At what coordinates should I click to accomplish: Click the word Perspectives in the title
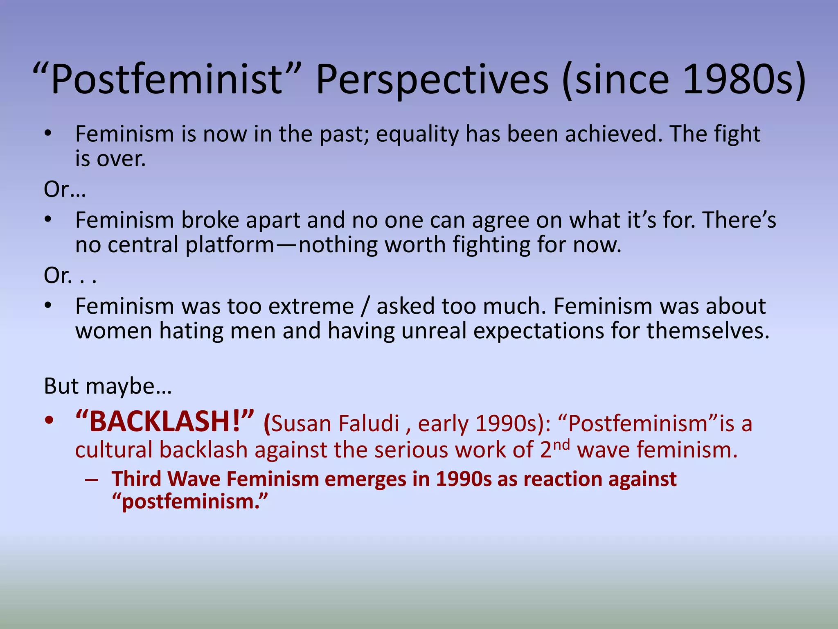coord(432,80)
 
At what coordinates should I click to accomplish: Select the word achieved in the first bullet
coord(613,134)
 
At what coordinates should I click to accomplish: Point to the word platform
coord(230,245)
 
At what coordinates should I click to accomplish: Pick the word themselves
coord(708,330)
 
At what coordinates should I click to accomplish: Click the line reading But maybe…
coord(108,386)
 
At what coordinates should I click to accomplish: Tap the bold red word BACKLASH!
coord(165,422)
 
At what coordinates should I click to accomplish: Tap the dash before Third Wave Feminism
coord(92,480)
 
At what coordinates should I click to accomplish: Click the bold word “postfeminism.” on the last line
coord(190,502)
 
